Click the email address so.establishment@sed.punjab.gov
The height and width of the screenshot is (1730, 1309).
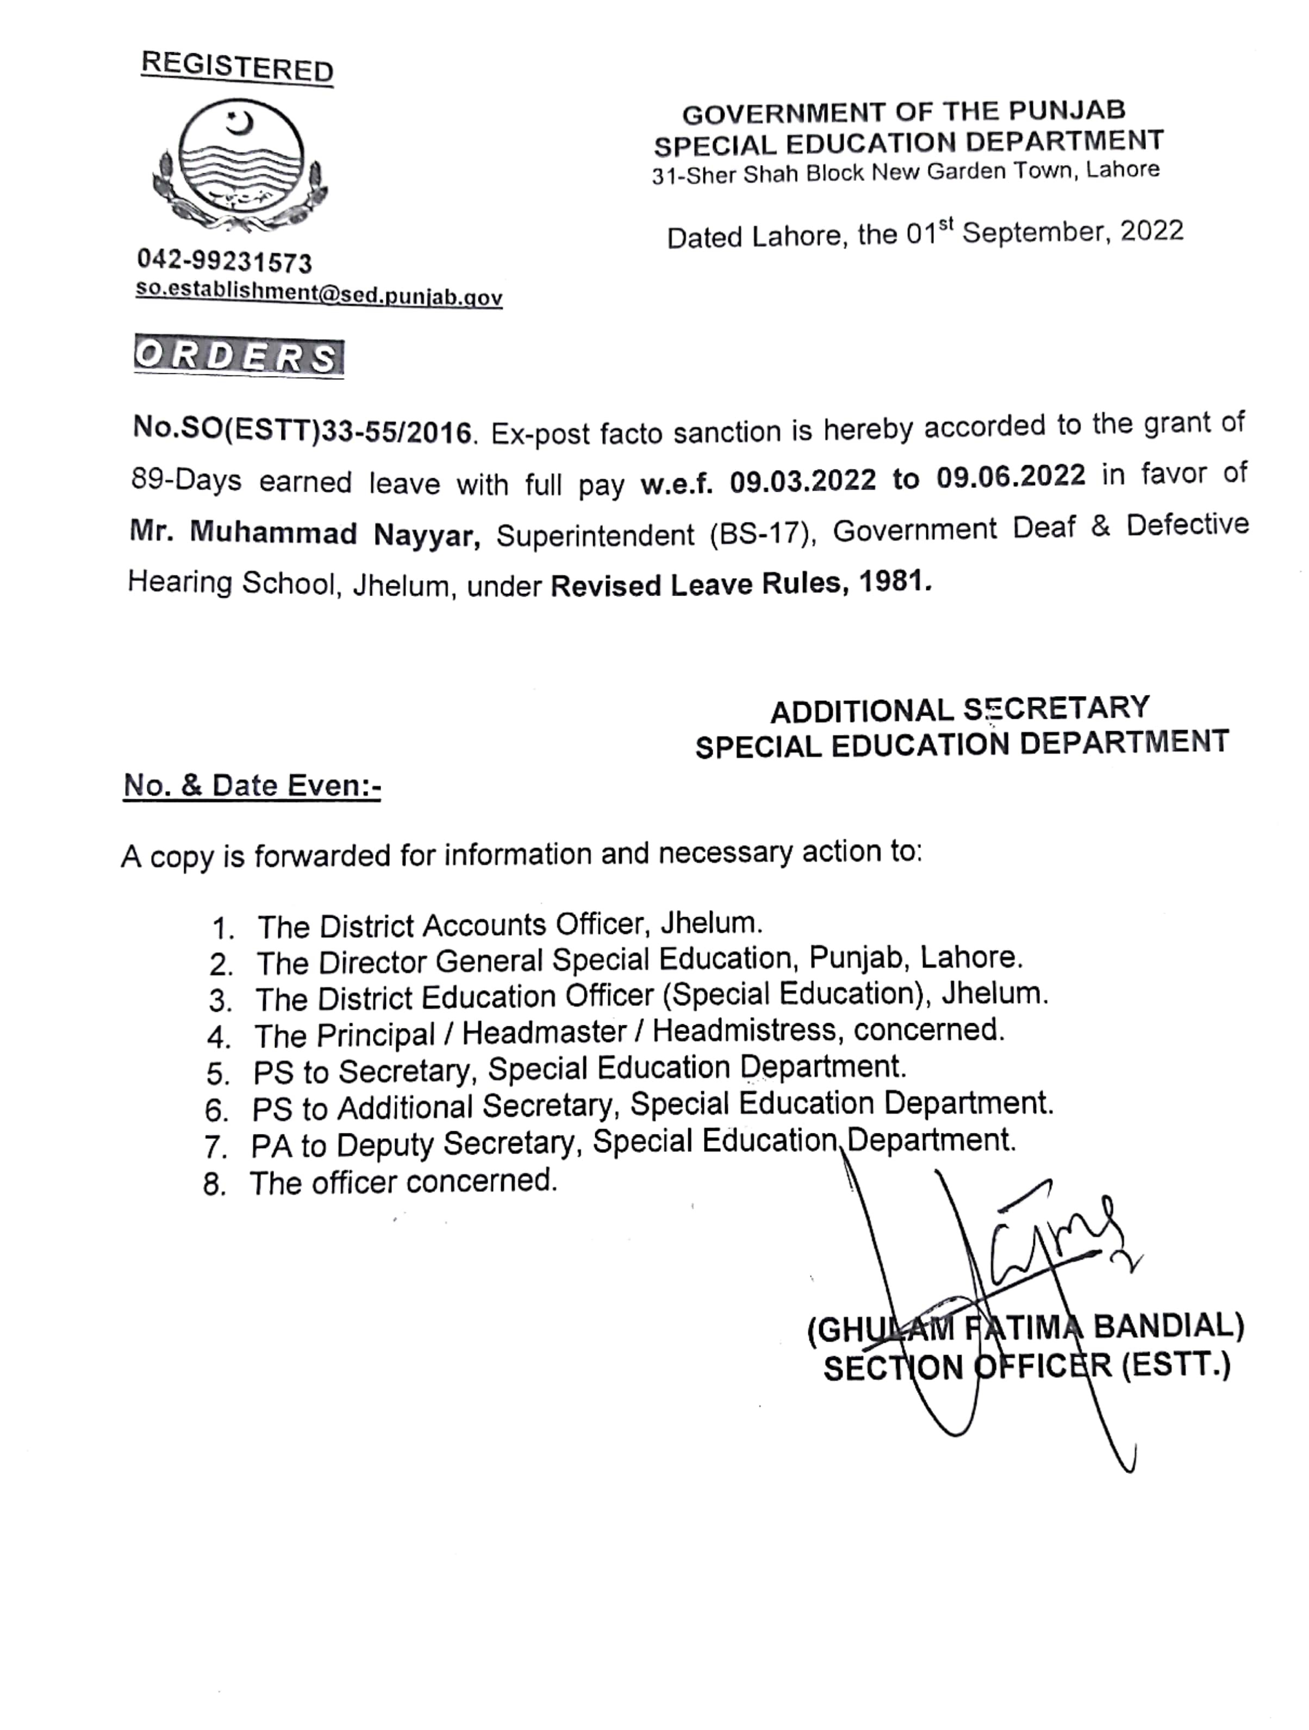(x=319, y=293)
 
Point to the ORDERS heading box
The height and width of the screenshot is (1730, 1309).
(x=239, y=358)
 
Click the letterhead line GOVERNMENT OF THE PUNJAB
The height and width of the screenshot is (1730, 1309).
(x=903, y=112)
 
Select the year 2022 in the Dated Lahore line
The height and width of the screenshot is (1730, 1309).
(x=1152, y=231)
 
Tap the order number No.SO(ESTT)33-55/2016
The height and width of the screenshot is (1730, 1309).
(x=302, y=431)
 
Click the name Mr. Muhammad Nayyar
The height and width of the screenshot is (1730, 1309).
(x=304, y=534)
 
